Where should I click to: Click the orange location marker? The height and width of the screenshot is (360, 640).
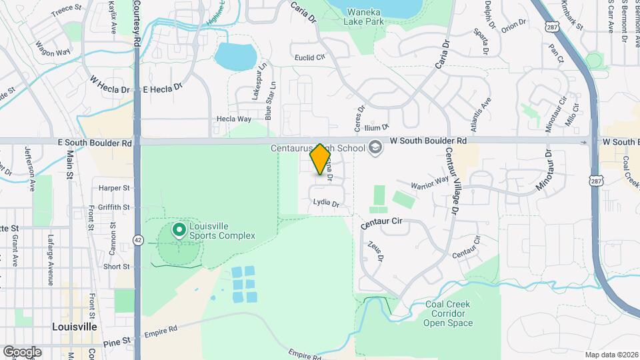[321, 159]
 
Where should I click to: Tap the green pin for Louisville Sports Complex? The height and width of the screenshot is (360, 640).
[179, 231]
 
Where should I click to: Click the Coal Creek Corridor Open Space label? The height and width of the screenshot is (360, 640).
[448, 314]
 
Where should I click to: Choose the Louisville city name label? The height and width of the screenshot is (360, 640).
[75, 327]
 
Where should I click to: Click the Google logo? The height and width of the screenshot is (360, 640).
[22, 351]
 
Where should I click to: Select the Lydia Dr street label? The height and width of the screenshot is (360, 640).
[326, 204]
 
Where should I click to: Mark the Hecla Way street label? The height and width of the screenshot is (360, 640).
[233, 119]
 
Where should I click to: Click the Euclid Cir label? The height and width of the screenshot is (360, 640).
[309, 57]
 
